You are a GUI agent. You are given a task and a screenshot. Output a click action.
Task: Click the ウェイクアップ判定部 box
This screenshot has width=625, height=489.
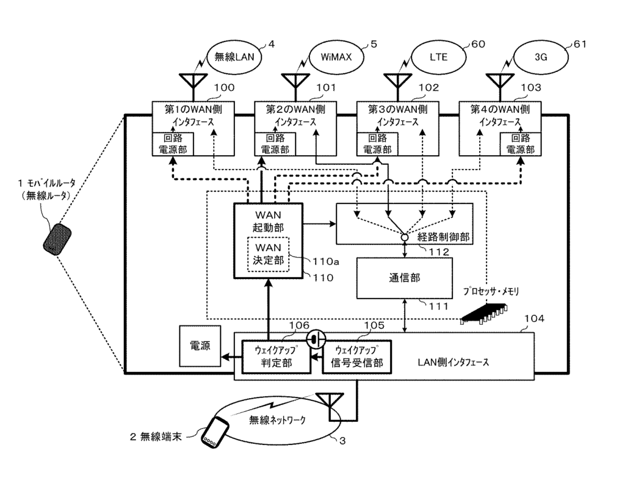pyautogui.click(x=276, y=357)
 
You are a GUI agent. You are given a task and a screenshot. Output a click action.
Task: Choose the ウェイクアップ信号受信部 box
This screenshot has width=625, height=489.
pyautogui.click(x=356, y=357)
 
